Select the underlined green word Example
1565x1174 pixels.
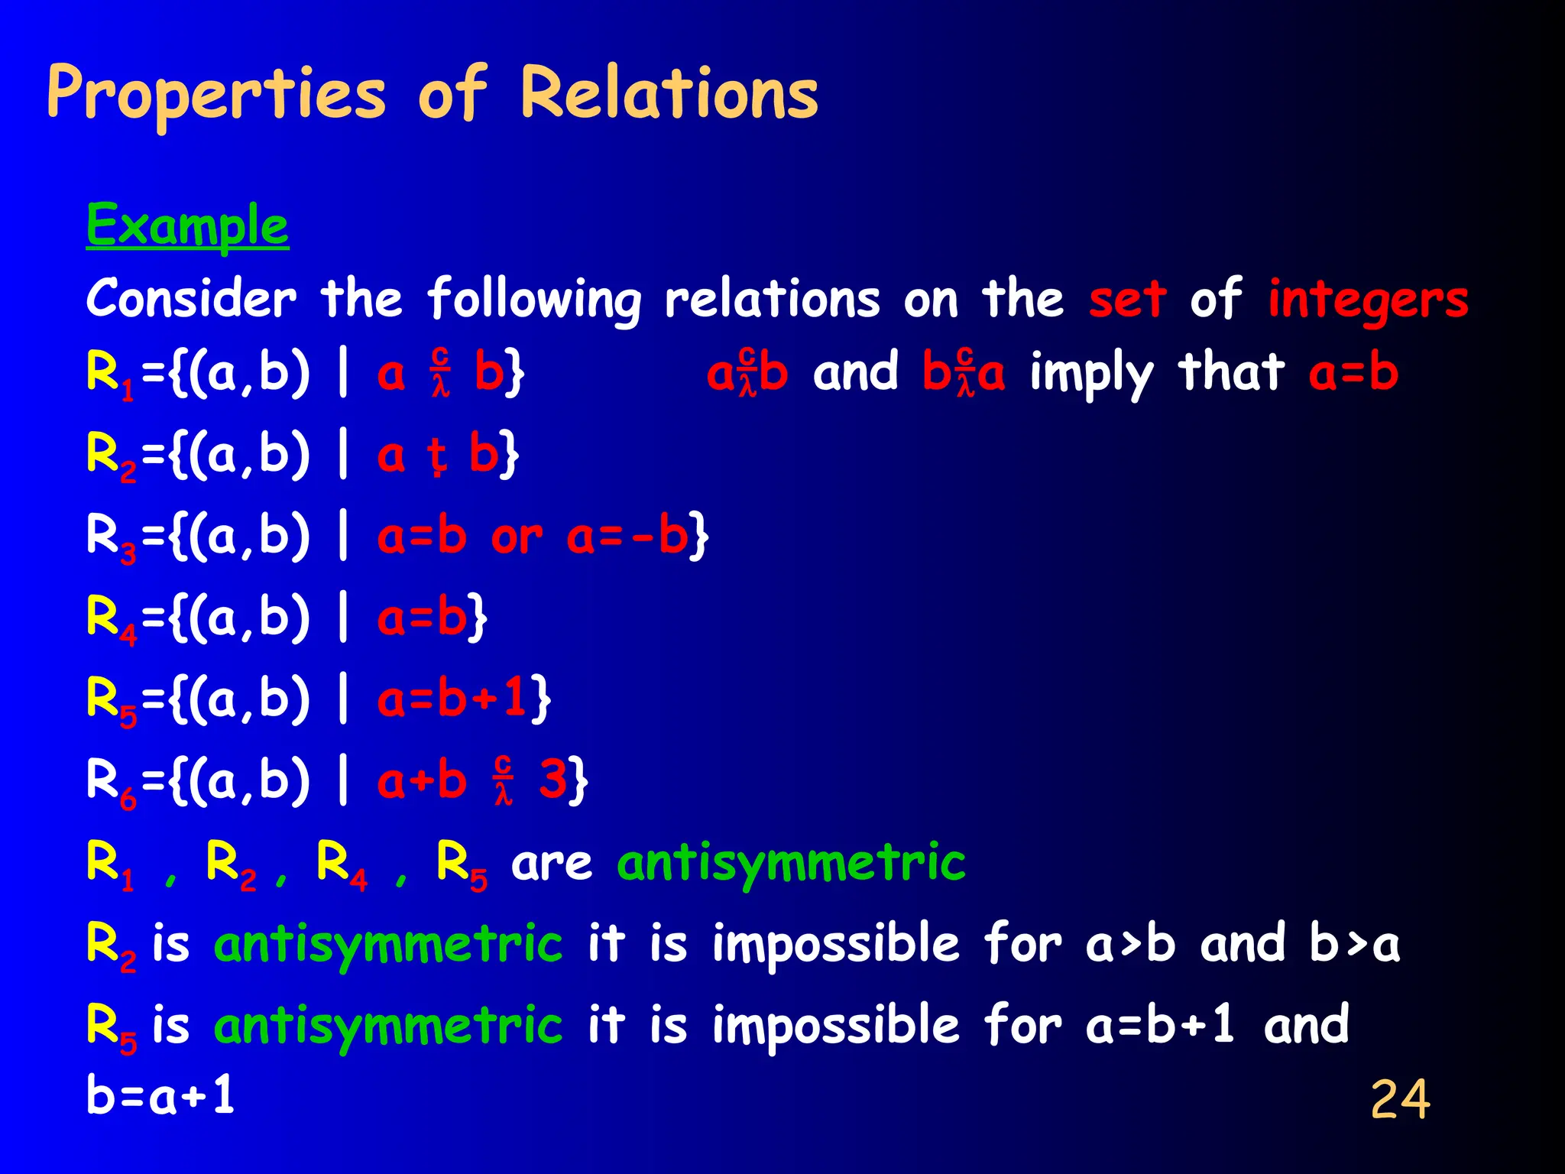point(187,226)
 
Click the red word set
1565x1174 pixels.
point(1127,298)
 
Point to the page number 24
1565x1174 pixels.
point(1400,1099)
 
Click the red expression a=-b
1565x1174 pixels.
point(628,537)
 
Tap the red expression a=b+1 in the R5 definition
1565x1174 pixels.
point(453,699)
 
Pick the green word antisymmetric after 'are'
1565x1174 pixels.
point(791,862)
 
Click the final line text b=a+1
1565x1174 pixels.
point(160,1096)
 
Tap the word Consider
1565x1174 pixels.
point(191,298)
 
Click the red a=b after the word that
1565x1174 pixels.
point(1353,373)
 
